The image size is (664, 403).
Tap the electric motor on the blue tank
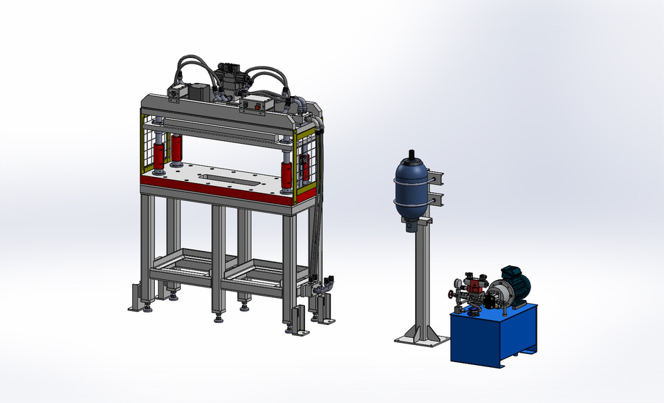(513, 285)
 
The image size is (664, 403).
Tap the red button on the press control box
(260, 106)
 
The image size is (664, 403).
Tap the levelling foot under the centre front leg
(219, 319)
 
